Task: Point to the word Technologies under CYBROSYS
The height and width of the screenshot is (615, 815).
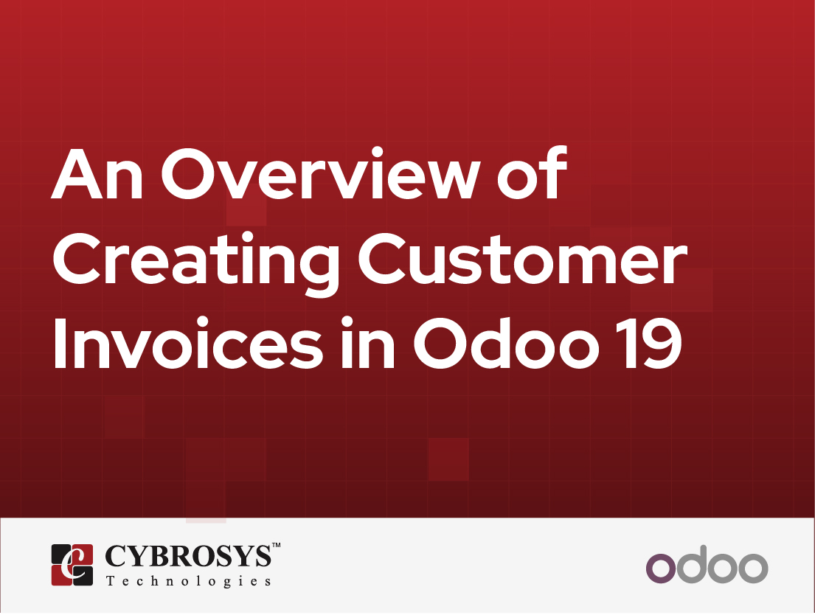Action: tap(188, 581)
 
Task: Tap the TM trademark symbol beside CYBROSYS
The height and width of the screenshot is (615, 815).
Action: tap(277, 546)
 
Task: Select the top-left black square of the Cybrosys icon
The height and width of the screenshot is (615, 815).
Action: tap(60, 554)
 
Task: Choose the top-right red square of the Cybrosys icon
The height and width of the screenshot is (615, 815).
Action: tap(83, 554)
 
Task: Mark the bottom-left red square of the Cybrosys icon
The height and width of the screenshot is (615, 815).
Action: tap(60, 575)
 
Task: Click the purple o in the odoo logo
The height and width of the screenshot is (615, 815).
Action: tap(661, 567)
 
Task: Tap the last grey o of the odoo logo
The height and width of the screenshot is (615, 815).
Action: tap(753, 567)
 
